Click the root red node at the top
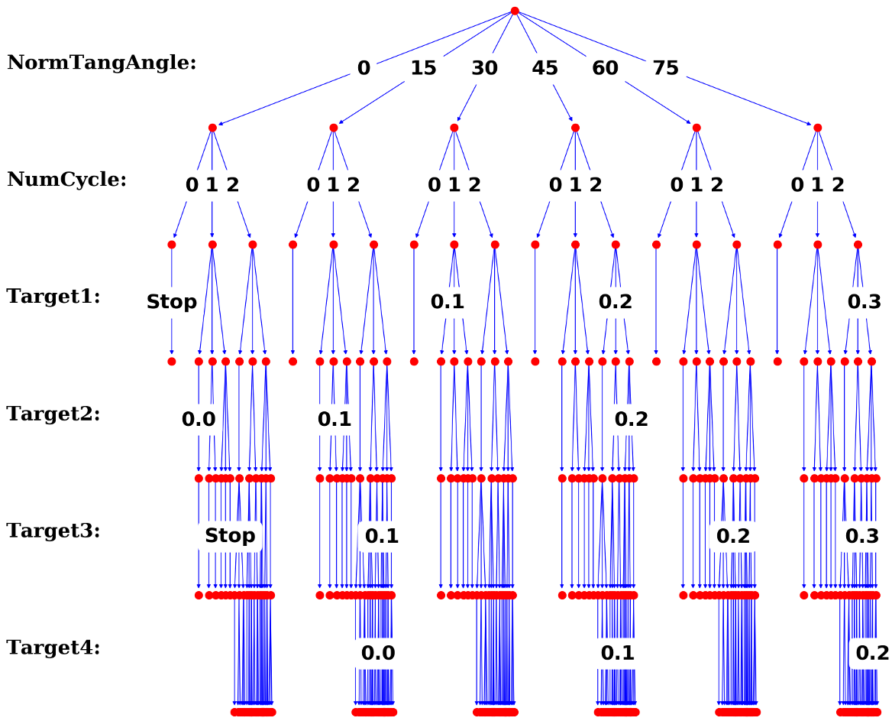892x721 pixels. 515,11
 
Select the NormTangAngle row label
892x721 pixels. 102,62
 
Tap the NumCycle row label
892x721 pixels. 67,180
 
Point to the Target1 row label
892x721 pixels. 53,297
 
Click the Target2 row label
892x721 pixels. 53,414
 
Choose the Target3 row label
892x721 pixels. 53,531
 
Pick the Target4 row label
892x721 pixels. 53,648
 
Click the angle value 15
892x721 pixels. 423,68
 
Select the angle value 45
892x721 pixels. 545,68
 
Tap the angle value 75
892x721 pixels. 666,68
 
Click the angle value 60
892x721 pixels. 605,68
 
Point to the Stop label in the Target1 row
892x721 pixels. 172,302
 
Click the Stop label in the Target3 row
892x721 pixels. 230,536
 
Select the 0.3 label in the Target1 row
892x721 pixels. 865,302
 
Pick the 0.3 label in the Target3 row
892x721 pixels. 862,536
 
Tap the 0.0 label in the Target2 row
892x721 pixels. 199,419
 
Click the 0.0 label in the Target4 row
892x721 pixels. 378,653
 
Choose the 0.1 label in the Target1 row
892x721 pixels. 448,302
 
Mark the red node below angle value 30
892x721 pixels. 454,128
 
